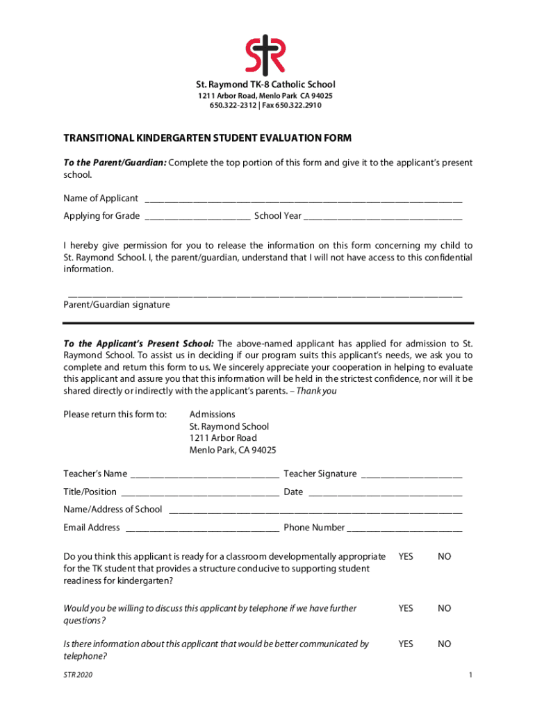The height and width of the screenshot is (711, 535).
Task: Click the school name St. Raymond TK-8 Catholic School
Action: (267, 85)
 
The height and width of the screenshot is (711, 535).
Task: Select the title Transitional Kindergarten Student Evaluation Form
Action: (208, 138)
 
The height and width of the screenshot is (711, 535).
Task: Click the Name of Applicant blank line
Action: (303, 199)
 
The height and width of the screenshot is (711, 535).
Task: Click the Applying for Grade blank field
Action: (197, 217)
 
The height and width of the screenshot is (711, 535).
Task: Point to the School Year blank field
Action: (383, 217)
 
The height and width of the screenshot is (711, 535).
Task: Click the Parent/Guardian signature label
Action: (117, 305)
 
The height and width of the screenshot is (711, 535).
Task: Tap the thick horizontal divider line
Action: (268, 323)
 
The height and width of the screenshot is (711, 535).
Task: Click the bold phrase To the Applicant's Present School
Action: (139, 344)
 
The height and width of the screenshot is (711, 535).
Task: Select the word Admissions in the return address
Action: (213, 415)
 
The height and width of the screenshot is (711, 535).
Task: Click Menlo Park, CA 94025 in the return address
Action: (233, 450)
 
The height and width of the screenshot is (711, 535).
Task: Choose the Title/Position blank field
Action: (200, 493)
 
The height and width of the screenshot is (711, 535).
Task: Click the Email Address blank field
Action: (202, 528)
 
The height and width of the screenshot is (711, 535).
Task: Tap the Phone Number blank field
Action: (404, 528)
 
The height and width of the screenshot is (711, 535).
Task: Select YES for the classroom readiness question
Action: (406, 557)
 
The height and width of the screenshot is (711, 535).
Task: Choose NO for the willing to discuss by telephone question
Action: (445, 608)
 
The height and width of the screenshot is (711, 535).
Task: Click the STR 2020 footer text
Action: (78, 675)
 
